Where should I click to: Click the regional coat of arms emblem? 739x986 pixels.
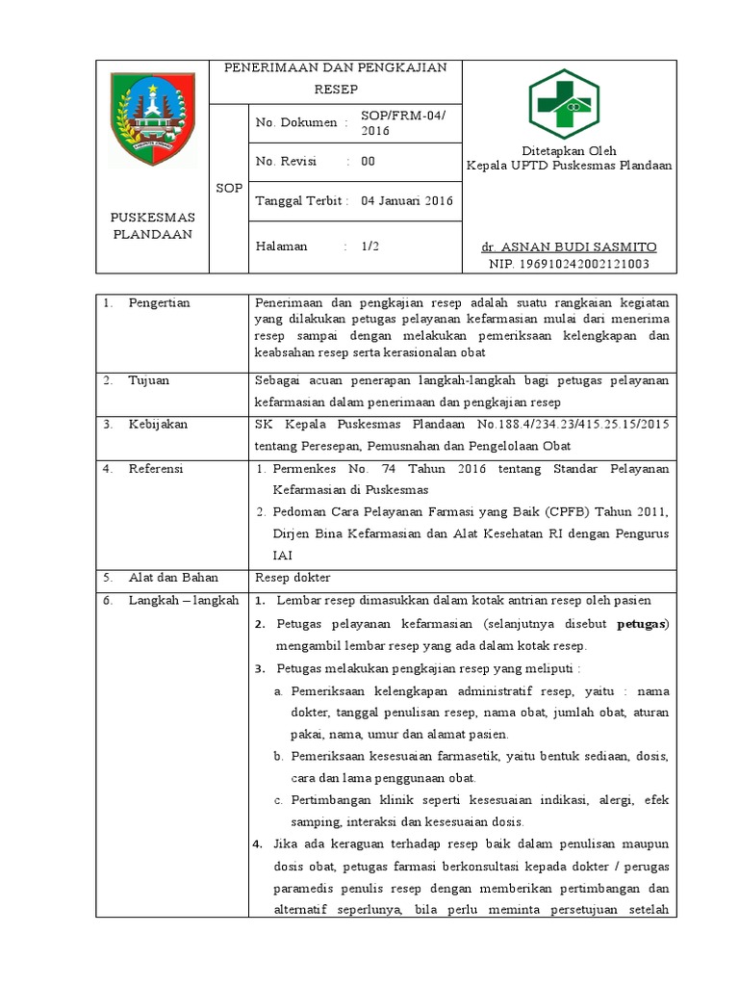(x=151, y=118)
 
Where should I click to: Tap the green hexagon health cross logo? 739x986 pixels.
(x=564, y=103)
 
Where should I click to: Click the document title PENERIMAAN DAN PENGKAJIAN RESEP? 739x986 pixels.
(x=336, y=78)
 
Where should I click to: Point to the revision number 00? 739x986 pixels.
(x=368, y=162)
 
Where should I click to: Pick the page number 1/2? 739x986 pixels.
(x=370, y=246)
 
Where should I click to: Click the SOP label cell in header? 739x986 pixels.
(x=229, y=188)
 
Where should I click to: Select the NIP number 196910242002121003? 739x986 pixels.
(x=569, y=263)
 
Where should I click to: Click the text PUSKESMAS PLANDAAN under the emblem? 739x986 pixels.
(x=152, y=225)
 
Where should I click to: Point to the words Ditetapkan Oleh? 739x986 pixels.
(x=569, y=150)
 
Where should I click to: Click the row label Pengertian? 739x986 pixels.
(x=160, y=302)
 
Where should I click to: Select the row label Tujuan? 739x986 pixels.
(x=148, y=379)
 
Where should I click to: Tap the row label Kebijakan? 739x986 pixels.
(x=158, y=424)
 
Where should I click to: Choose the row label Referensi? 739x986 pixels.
(x=156, y=468)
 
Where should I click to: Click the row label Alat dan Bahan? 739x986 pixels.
(x=173, y=578)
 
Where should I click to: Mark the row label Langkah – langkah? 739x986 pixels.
(x=183, y=600)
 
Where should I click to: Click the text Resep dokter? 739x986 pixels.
(x=292, y=578)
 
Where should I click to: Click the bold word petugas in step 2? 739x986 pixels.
(x=640, y=623)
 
